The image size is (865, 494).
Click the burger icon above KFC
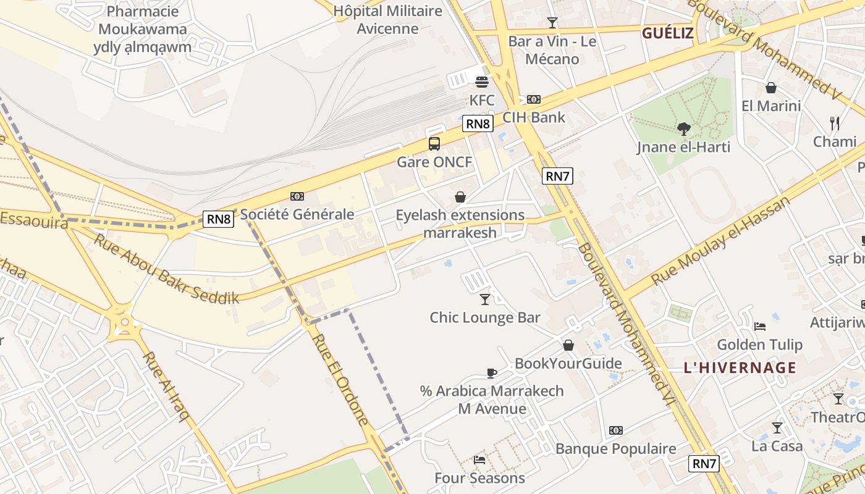pos(482,82)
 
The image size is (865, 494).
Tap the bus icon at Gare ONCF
pos(434,144)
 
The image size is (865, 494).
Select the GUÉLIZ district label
pos(668,33)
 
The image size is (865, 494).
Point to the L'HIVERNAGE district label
pos(740,368)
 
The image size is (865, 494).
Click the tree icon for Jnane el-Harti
pos(683,129)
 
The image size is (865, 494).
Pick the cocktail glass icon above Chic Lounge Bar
pos(485,299)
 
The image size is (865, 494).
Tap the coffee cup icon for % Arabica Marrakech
pos(492,373)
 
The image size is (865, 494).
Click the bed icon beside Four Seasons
pos(479,459)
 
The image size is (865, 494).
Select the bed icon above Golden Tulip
pos(760,326)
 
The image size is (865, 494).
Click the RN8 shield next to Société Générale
pos(219,219)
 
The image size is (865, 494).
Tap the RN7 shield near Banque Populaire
pos(704,464)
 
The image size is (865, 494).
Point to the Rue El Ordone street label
pos(340,380)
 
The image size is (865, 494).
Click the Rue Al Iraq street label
pos(166,387)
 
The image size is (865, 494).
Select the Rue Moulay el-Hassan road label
pos(720,241)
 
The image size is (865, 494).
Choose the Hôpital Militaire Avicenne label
pos(387,20)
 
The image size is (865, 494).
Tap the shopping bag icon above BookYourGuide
pos(568,345)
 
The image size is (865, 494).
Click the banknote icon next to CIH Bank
pos(534,99)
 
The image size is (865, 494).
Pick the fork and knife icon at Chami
pos(835,124)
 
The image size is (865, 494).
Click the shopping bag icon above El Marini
pos(770,88)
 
